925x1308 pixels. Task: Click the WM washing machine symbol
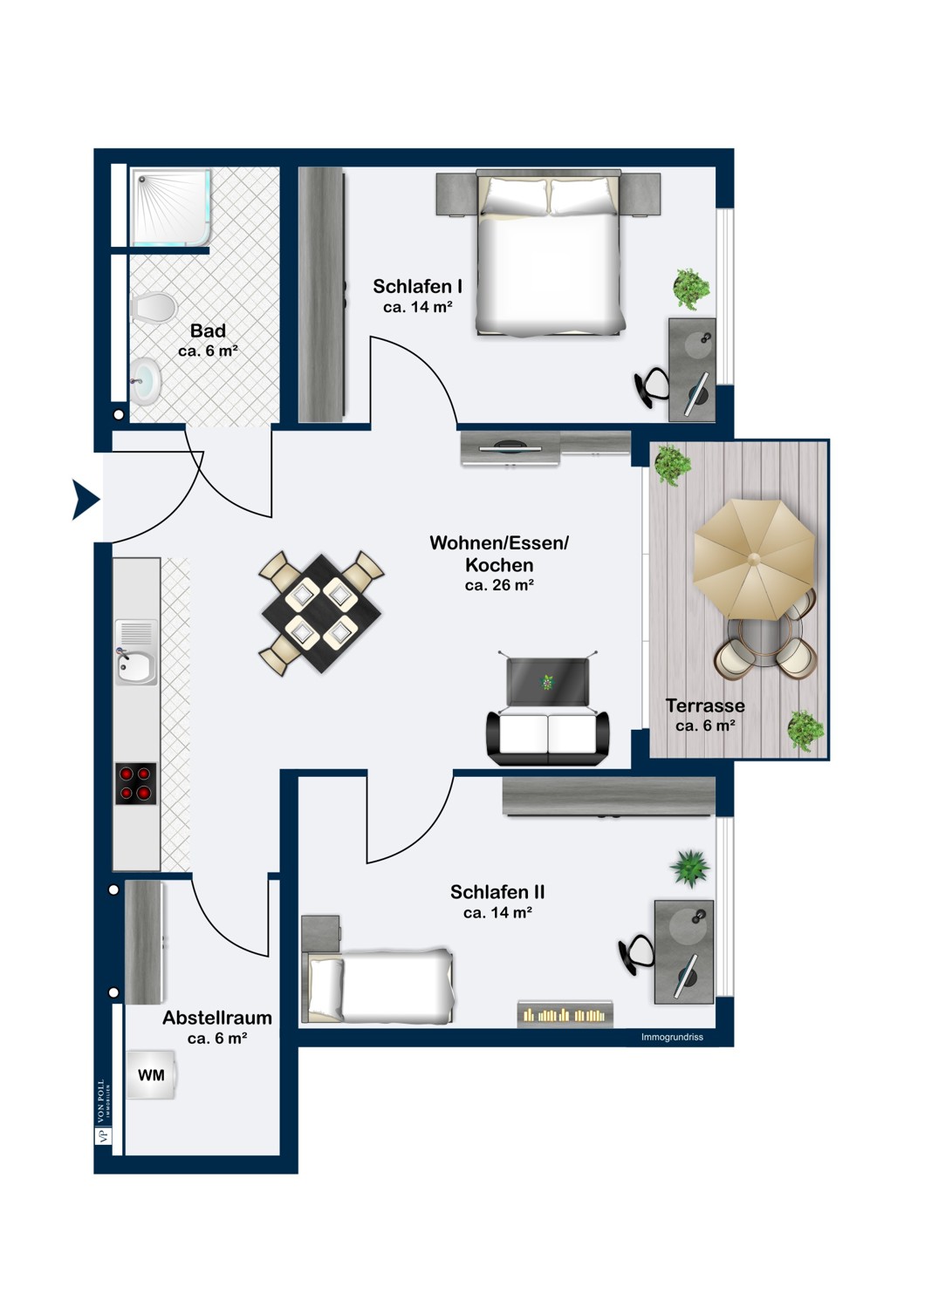(x=151, y=1075)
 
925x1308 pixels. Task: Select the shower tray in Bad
(x=171, y=208)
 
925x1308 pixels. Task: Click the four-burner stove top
(x=136, y=783)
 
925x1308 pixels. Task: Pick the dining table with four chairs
(x=321, y=613)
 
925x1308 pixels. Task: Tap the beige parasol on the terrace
(x=754, y=559)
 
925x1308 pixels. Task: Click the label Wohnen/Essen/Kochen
(x=499, y=554)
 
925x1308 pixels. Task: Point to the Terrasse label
(x=705, y=705)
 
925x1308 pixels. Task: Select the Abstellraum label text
(x=217, y=1018)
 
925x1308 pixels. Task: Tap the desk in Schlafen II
(x=685, y=950)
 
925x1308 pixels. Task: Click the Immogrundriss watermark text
(x=672, y=1037)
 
